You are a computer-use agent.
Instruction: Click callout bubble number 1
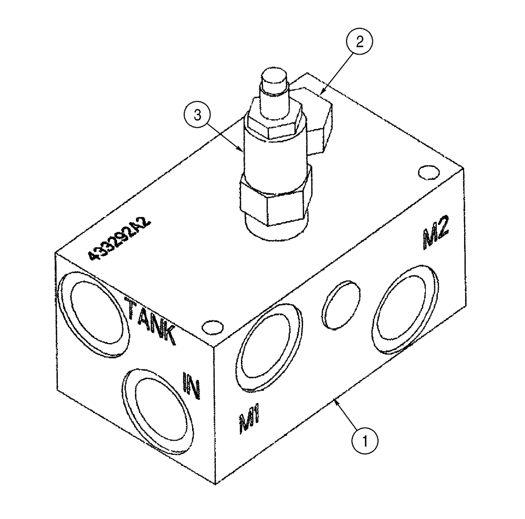tap(366, 439)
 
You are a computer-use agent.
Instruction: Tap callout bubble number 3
tap(197, 116)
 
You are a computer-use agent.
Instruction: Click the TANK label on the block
tap(150, 320)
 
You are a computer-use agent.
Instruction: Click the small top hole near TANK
tap(212, 327)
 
